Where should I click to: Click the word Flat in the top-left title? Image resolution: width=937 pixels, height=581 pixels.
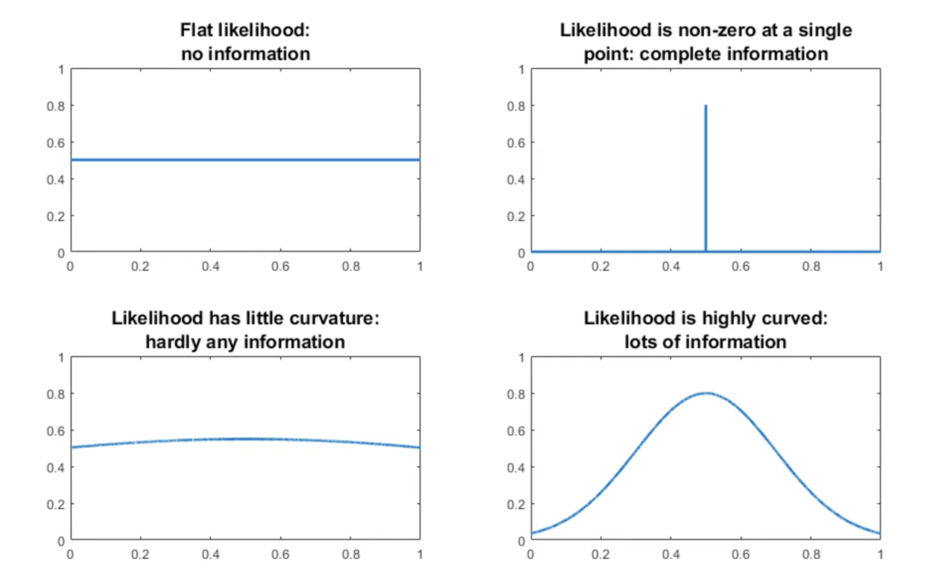point(197,30)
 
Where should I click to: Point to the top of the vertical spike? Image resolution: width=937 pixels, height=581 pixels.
point(706,106)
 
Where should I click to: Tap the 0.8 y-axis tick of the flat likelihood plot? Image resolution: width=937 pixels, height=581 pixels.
point(55,106)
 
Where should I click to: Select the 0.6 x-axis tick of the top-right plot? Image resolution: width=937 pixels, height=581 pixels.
point(741,267)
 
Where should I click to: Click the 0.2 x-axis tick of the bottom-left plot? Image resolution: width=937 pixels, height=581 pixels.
point(140,555)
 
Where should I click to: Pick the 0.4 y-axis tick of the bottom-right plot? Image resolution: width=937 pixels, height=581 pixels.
point(516,468)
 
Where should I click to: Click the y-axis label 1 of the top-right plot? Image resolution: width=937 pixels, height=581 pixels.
point(521,70)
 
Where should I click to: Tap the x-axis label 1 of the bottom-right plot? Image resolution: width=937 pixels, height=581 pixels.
point(880,555)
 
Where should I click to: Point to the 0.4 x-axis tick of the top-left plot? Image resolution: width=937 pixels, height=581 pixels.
point(210,267)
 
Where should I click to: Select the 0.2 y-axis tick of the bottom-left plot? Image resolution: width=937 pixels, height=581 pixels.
point(55,505)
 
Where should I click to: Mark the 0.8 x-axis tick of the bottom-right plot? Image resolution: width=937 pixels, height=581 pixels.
point(811,555)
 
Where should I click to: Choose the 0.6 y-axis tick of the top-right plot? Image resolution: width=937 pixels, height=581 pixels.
point(516,143)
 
